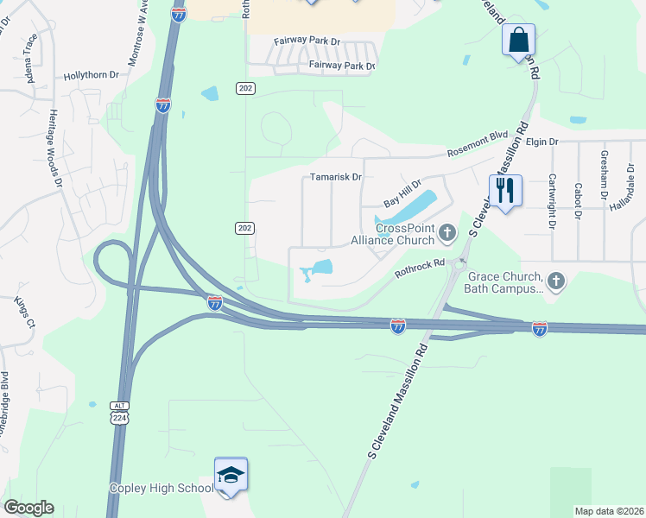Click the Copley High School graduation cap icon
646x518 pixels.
pos(231,475)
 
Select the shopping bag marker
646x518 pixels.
pos(518,40)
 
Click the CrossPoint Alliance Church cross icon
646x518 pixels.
pos(447,231)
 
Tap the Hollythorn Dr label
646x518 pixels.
pos(92,76)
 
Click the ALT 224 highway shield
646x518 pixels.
pos(119,414)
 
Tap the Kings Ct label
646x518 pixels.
pos(23,312)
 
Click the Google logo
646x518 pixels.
pos(28,508)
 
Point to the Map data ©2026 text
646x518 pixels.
pos(609,511)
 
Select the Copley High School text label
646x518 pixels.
pos(161,489)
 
